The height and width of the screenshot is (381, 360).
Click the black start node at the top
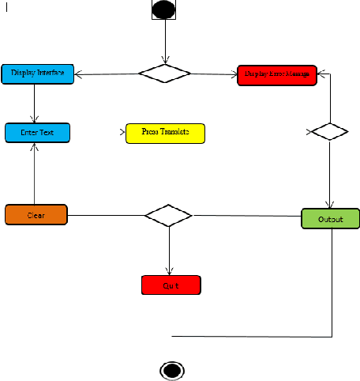[164, 9]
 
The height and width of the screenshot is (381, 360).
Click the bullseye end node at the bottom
[171, 370]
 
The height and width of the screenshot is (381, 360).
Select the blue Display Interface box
[37, 74]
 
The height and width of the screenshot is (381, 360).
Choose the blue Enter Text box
[37, 133]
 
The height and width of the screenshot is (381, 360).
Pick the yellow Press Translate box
[165, 133]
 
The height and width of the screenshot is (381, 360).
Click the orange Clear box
[36, 215]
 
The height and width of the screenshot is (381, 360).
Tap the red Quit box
[171, 285]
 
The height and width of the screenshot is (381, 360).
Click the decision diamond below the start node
[164, 74]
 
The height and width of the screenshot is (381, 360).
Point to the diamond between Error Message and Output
[329, 131]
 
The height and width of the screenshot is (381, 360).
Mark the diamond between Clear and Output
[169, 215]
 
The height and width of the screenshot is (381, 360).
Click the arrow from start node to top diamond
[164, 40]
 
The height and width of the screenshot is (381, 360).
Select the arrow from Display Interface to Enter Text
[35, 103]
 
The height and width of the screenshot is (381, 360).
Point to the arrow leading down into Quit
[169, 251]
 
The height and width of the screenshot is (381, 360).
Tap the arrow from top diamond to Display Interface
[107, 74]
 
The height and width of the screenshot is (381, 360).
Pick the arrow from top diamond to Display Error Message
[214, 74]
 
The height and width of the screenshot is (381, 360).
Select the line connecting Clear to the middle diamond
[107, 215]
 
